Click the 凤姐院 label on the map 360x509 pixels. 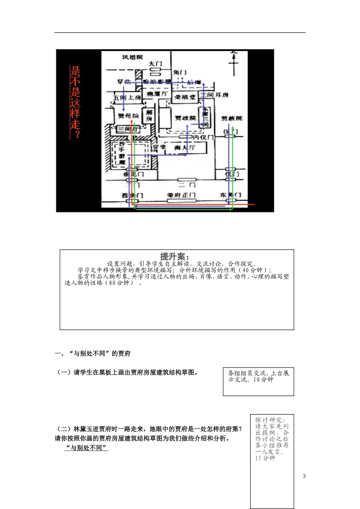(133, 57)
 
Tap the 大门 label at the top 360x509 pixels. (155, 64)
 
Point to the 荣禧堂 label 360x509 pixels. (185, 97)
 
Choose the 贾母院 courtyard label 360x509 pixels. (128, 116)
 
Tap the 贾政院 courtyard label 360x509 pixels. (185, 118)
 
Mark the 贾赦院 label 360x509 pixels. (232, 118)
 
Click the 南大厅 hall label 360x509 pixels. (185, 147)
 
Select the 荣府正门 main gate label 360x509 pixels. (181, 195)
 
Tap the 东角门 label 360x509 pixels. (230, 195)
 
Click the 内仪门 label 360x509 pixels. (203, 137)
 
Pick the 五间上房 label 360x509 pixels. (127, 97)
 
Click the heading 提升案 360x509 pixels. (174, 256)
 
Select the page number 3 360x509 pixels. (304, 476)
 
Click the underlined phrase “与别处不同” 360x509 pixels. (86, 448)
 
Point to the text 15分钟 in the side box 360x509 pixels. (265, 458)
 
